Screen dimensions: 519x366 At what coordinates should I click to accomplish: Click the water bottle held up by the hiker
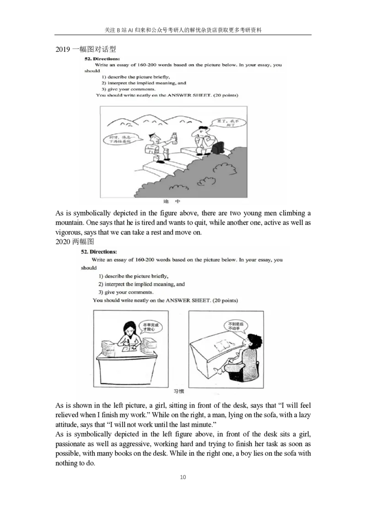tap(174, 137)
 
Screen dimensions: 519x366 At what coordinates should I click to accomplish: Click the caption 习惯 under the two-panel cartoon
tap(179, 392)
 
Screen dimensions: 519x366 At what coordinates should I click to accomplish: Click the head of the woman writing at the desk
tap(128, 328)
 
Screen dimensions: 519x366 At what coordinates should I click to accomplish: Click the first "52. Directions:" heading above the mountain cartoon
tap(102, 59)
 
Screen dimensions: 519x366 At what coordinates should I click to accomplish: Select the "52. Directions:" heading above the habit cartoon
tap(99, 252)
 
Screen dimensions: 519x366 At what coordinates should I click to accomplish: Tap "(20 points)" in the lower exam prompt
tap(226, 300)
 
